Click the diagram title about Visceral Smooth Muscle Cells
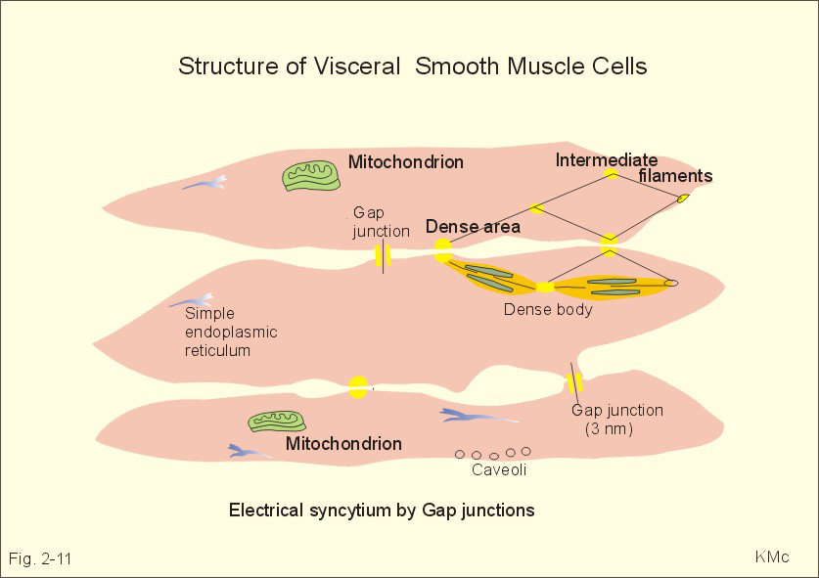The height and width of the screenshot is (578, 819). click(412, 67)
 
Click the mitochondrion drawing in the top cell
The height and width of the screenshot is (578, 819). click(311, 174)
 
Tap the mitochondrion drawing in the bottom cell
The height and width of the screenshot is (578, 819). click(278, 421)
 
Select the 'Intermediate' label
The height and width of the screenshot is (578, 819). click(607, 160)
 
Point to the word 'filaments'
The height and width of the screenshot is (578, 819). click(675, 176)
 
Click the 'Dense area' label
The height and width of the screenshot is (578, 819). click(473, 227)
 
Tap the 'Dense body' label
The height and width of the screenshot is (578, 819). click(548, 310)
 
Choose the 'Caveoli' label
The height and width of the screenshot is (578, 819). click(500, 468)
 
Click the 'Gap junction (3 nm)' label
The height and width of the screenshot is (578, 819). click(616, 420)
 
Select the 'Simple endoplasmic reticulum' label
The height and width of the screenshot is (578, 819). click(231, 333)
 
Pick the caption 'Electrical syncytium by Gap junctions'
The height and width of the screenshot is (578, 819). click(382, 510)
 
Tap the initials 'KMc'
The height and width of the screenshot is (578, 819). click(771, 557)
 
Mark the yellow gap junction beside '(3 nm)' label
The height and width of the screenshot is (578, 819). click(574, 380)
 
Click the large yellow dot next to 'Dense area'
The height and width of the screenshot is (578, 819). click(443, 250)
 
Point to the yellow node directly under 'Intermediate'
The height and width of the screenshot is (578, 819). click(611, 174)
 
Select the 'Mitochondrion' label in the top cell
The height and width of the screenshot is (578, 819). click(406, 161)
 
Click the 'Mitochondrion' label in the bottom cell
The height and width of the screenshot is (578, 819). click(343, 444)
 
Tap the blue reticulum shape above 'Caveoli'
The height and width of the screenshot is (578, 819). click(478, 417)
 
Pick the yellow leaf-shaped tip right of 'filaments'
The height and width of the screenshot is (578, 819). click(683, 199)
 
